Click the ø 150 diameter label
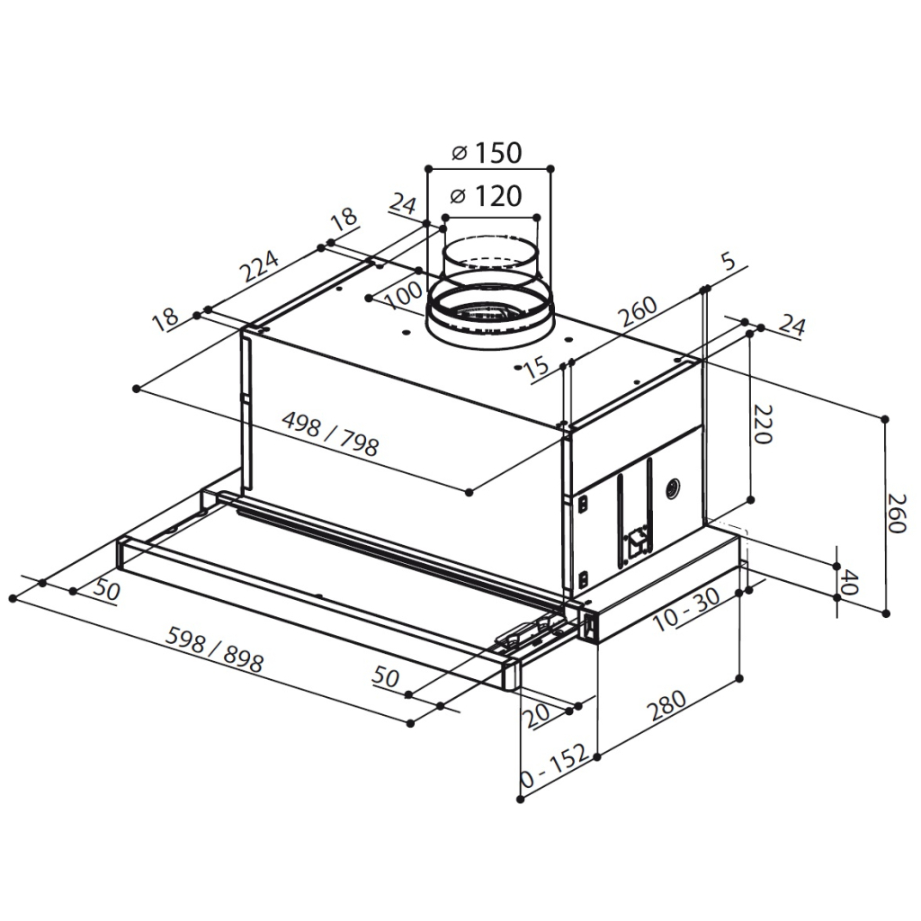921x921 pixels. (x=487, y=153)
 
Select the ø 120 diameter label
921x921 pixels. (x=487, y=195)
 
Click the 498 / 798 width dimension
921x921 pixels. (x=331, y=434)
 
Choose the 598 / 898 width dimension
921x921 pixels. (x=215, y=649)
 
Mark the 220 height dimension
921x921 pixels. (x=763, y=424)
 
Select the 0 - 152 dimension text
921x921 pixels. (x=554, y=765)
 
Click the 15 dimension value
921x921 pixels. (x=536, y=367)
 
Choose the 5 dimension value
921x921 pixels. (x=729, y=262)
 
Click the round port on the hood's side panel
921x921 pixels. (x=674, y=487)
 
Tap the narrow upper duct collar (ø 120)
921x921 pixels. (x=489, y=257)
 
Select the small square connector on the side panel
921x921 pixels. (x=638, y=544)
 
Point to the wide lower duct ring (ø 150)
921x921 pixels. (x=489, y=311)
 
